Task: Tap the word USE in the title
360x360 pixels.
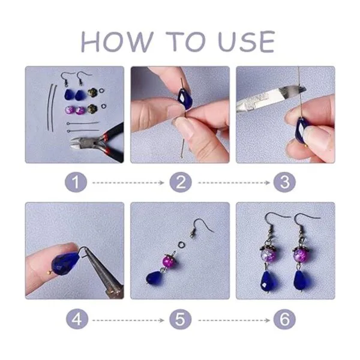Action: click(x=247, y=42)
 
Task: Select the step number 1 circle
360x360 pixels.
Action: click(x=76, y=182)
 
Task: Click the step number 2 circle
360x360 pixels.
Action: click(x=181, y=182)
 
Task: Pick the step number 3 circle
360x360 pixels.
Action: click(x=284, y=182)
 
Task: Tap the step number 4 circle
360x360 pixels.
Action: click(x=77, y=319)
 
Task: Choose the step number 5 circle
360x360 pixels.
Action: click(x=181, y=320)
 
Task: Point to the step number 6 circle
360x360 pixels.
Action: click(x=284, y=320)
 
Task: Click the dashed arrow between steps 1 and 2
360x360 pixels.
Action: click(x=128, y=183)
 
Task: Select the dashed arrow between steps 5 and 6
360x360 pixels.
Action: click(x=234, y=320)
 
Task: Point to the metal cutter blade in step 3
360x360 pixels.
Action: click(x=271, y=99)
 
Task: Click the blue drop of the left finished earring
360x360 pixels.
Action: click(x=267, y=281)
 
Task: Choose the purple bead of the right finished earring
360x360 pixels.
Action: click(x=301, y=255)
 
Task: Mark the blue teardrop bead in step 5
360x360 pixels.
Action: click(x=154, y=277)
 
